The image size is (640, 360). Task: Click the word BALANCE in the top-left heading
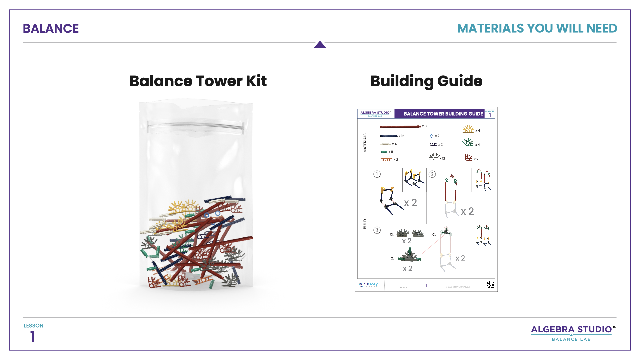51,29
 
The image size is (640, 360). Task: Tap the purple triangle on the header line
320,45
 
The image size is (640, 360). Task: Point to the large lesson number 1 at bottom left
32,337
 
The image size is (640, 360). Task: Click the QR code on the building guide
490,284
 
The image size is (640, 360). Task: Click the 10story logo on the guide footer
369,285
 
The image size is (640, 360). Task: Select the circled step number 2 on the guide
432,174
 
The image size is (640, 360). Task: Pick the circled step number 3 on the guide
377,230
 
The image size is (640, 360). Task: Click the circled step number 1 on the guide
377,174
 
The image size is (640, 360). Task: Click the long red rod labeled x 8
400,127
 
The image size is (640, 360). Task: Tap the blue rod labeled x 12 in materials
389,136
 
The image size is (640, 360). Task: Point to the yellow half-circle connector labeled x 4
468,129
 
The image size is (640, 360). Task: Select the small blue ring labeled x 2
431,136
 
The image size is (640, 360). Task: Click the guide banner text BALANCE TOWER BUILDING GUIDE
443,114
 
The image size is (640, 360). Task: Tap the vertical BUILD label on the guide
365,224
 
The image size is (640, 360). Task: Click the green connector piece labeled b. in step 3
410,256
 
